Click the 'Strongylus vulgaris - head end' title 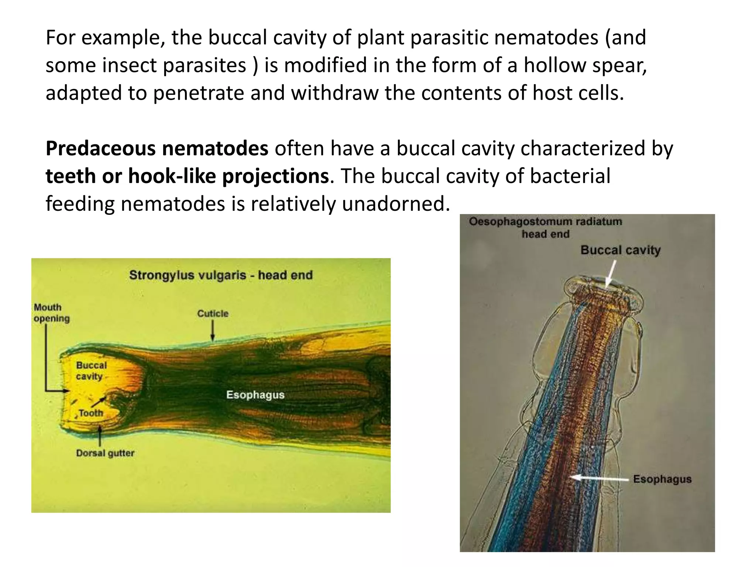pos(221,275)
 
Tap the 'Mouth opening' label pos(51,313)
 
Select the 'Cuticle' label pos(213,313)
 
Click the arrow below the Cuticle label pos(213,330)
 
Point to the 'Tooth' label pos(91,413)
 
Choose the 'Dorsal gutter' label pos(105,453)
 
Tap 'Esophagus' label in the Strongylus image pos(255,395)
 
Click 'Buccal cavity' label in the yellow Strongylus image pos(91,371)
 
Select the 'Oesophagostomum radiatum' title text pos(545,221)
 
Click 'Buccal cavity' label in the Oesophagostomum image pos(621,250)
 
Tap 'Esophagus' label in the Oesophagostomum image pos(662,479)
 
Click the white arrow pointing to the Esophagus pos(600,478)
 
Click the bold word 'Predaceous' pos(101,148)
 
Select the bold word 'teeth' pos(71,176)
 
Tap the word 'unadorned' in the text pos(396,204)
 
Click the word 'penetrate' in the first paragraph pos(199,93)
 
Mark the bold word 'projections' pos(275,176)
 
